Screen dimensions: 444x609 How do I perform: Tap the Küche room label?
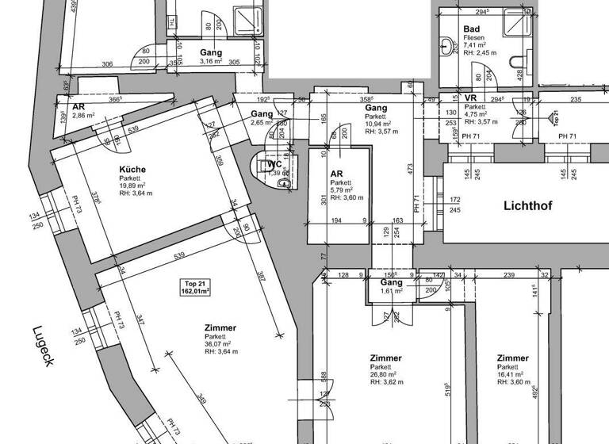132,170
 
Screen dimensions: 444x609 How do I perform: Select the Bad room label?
471,29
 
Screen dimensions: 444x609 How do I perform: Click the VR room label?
469,98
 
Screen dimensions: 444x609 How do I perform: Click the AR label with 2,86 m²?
79,106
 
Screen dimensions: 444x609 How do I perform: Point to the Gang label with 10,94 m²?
376,107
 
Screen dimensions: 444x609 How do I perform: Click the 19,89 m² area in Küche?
135,187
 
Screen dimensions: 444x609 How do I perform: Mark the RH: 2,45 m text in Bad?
481,53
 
